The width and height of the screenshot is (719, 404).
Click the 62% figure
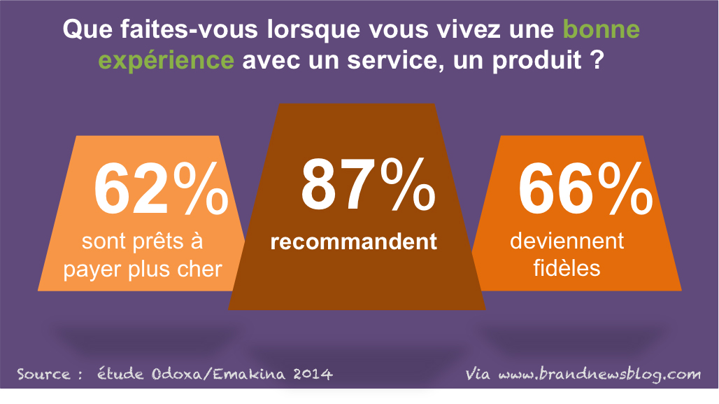(161, 190)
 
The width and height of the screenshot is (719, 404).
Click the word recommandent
(354, 242)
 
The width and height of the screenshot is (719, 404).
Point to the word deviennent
(567, 242)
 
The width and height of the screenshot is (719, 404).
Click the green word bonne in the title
(602, 30)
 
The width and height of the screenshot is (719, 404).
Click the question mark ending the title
(596, 60)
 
